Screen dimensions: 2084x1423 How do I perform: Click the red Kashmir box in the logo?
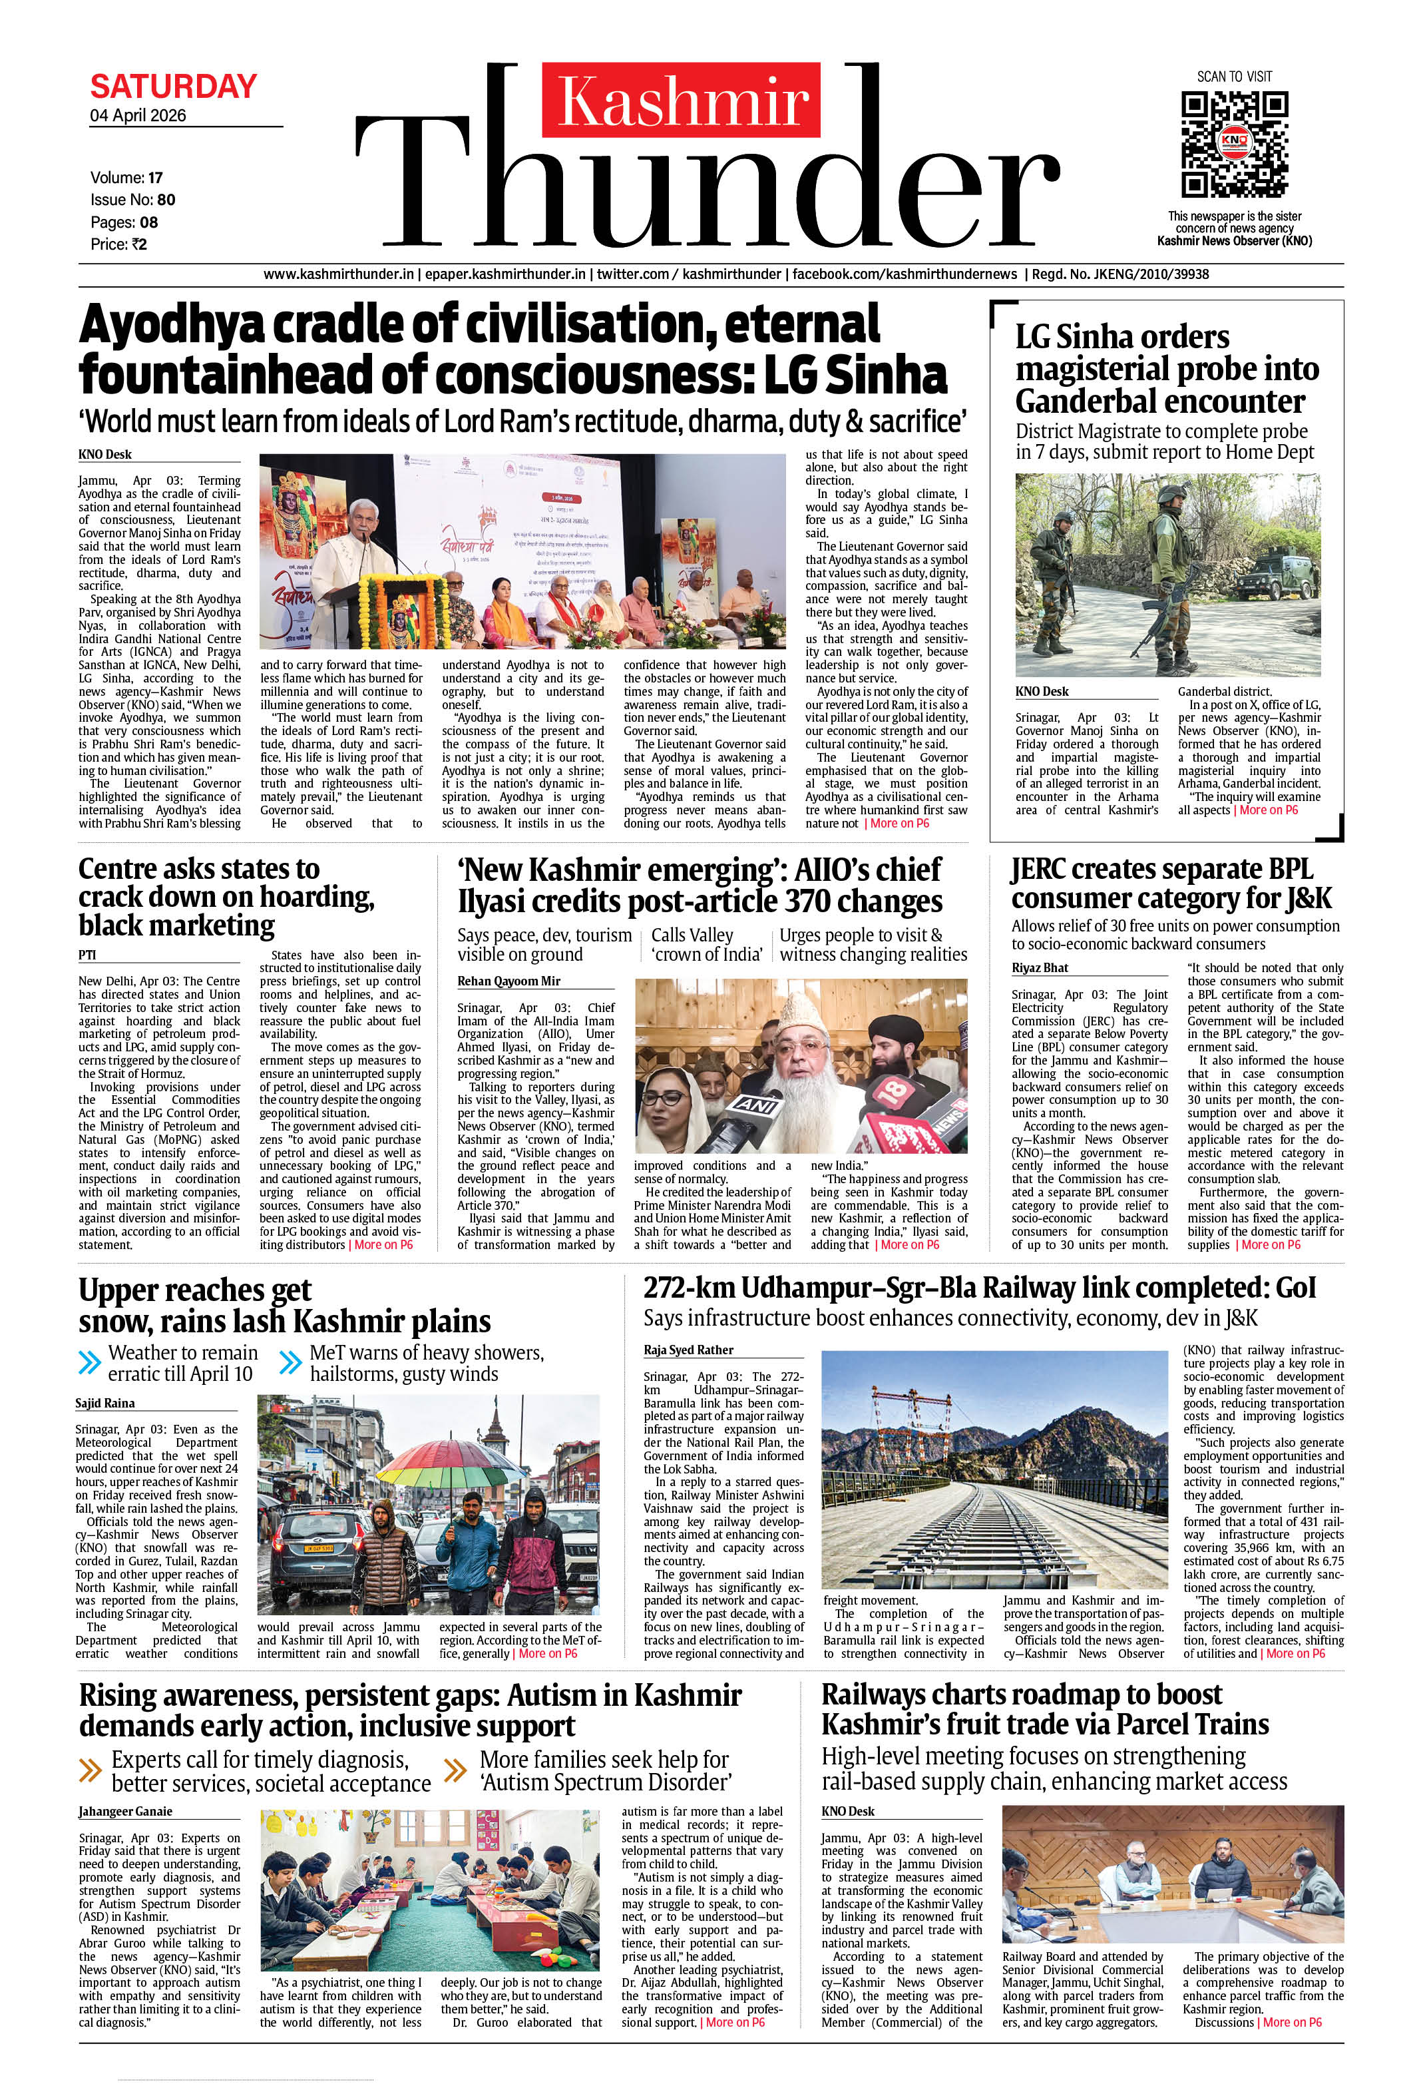(682, 101)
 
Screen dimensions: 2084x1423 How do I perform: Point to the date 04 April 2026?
(138, 116)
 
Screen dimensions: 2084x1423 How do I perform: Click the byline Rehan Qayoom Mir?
(508, 981)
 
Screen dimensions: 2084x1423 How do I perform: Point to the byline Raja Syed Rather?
(688, 1350)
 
